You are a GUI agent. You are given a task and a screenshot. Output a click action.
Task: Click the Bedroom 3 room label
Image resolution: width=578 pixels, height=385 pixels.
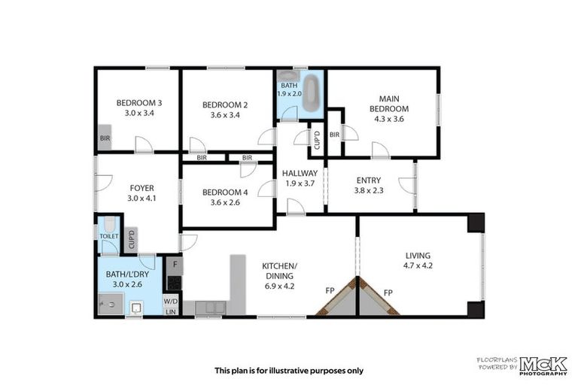tap(138, 103)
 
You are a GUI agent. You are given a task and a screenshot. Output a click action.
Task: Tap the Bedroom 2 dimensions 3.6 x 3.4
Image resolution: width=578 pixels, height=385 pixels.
tap(225, 116)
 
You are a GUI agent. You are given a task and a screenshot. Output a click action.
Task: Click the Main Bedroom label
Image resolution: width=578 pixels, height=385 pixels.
tap(388, 103)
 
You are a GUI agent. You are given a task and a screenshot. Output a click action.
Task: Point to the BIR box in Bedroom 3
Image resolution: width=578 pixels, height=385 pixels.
tap(105, 139)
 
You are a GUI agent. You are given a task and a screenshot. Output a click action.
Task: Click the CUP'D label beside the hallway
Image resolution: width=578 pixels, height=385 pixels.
tap(318, 141)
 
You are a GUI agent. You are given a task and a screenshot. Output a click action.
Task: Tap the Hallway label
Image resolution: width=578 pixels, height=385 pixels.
tap(300, 173)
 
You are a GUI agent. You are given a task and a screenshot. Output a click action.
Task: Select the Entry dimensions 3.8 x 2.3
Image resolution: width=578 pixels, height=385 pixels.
tap(369, 191)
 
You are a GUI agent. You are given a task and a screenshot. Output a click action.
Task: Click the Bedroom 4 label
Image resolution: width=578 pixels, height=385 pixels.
tap(225, 192)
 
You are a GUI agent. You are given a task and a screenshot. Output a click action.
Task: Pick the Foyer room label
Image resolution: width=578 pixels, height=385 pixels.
tap(141, 188)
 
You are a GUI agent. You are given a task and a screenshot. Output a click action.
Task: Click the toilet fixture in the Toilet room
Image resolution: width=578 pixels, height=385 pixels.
tap(110, 225)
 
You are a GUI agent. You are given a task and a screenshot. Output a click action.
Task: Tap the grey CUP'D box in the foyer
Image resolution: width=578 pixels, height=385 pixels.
tap(132, 239)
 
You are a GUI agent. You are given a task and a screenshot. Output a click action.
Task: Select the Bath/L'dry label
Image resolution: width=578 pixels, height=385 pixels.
tap(127, 274)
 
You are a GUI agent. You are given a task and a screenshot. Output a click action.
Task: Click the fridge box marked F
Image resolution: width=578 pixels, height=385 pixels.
tap(173, 264)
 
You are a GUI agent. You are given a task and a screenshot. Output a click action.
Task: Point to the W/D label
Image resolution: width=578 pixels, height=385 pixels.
tap(172, 298)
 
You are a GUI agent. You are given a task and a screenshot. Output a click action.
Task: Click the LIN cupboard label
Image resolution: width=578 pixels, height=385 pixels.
tap(172, 311)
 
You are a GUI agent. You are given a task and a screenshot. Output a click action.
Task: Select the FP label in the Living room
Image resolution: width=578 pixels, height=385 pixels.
tap(388, 292)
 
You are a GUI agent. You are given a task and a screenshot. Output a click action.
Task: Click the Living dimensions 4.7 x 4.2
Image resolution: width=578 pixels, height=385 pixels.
tap(418, 265)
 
